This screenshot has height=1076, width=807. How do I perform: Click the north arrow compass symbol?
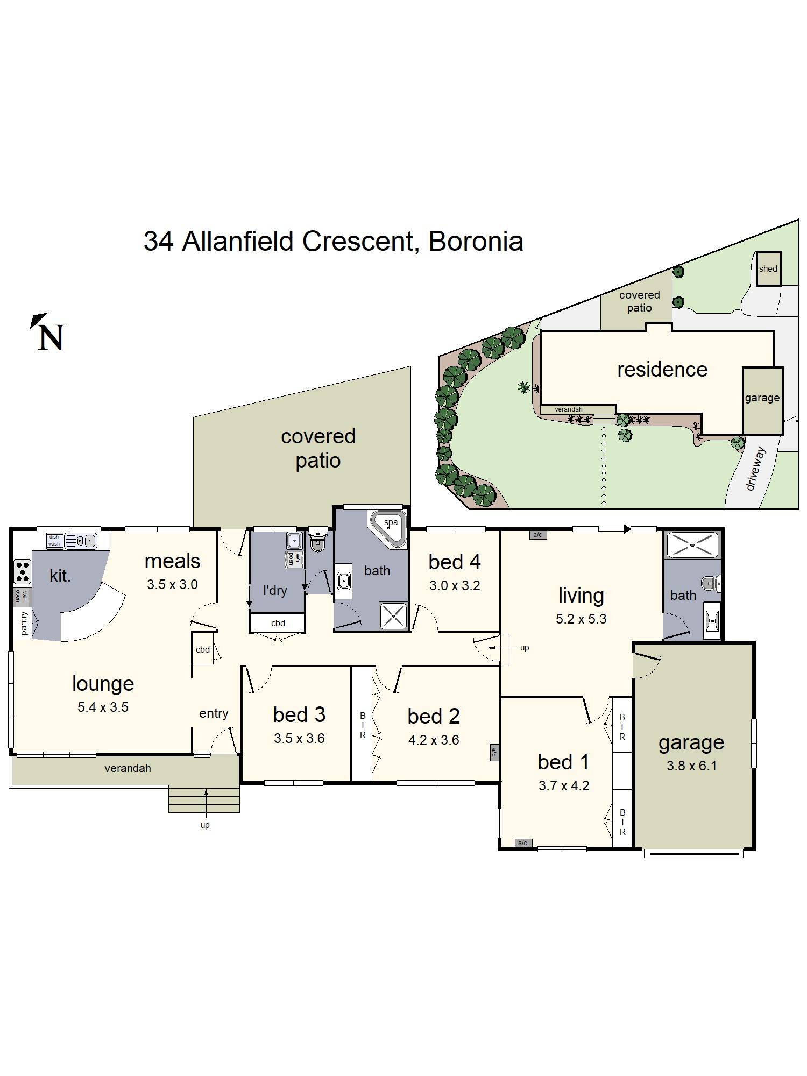[x=47, y=332]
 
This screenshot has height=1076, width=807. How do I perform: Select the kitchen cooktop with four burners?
[x=23, y=571]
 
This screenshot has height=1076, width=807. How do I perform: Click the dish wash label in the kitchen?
[x=54, y=540]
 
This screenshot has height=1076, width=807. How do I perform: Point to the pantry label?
[x=24, y=623]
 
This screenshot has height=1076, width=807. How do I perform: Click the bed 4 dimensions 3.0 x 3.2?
[x=455, y=585]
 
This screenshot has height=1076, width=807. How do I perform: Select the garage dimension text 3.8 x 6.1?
[x=691, y=766]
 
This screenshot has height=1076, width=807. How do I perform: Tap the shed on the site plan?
[x=768, y=268]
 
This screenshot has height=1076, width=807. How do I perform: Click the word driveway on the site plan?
[x=755, y=469]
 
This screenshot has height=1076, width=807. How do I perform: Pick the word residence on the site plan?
[x=662, y=370]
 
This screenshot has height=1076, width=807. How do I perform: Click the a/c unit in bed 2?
[x=494, y=752]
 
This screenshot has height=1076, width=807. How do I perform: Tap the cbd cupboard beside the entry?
[x=203, y=649]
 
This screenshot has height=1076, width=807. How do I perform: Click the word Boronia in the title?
[x=476, y=242]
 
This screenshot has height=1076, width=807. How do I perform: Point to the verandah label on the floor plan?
[x=128, y=768]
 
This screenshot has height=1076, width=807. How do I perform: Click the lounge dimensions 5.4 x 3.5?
[x=103, y=707]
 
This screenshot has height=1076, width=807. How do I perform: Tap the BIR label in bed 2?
[x=363, y=725]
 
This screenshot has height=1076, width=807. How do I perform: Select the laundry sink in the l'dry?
[x=294, y=541]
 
